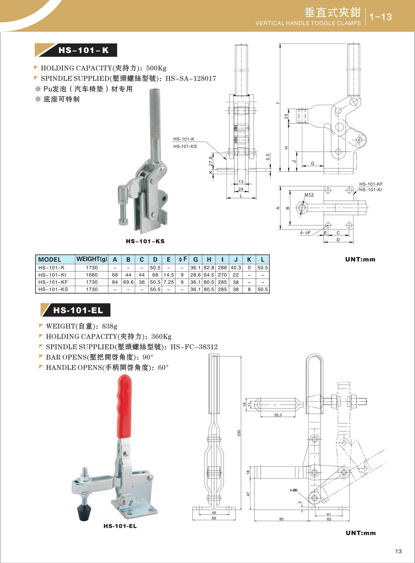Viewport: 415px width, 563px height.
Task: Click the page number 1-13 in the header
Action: pyautogui.click(x=380, y=17)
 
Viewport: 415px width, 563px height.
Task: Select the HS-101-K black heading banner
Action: pyautogui.click(x=83, y=50)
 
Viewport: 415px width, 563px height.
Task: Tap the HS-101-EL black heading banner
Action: pyautogui.click(x=78, y=310)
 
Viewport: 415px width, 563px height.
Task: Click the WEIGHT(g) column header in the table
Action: pyautogui.click(x=92, y=259)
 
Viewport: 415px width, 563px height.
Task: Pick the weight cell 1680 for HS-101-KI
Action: pyautogui.click(x=92, y=275)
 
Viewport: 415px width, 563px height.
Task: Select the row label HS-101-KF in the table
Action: pyautogui.click(x=53, y=282)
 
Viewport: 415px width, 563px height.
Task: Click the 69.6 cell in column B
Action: pyautogui.click(x=128, y=282)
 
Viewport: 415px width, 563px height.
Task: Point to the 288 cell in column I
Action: pyautogui.click(x=222, y=268)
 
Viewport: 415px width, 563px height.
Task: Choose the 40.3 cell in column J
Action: pyautogui.click(x=236, y=268)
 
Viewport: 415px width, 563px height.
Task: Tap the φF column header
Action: pyautogui.click(x=182, y=259)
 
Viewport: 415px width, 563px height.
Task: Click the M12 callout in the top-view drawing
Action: pyautogui.click(x=309, y=195)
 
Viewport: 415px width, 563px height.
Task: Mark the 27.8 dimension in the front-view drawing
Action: pyautogui.click(x=211, y=161)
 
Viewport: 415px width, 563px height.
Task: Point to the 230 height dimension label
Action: pyautogui.click(x=239, y=433)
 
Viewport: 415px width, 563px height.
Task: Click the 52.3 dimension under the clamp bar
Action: pyautogui.click(x=278, y=415)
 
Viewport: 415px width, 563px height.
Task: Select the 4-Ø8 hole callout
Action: pyautogui.click(x=293, y=490)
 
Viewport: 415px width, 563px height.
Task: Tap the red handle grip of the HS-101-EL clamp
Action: pyautogui.click(x=124, y=408)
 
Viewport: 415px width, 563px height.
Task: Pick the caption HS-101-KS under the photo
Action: pyautogui.click(x=145, y=241)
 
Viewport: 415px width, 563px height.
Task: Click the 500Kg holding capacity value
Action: pyautogui.click(x=156, y=68)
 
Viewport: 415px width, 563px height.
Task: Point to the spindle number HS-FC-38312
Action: pyautogui.click(x=194, y=347)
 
